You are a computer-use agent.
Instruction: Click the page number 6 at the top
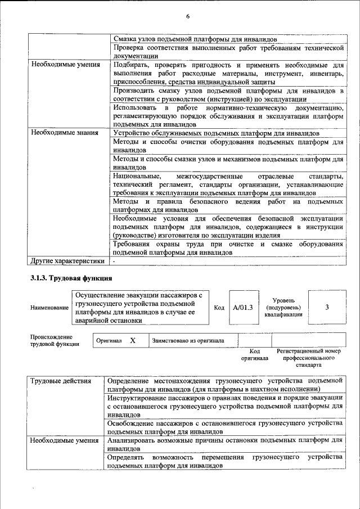click(188, 17)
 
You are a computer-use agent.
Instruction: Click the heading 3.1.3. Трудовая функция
click(71, 277)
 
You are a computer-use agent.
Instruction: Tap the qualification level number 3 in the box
click(327, 307)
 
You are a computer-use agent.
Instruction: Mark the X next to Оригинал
click(133, 340)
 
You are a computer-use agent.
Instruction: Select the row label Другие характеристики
click(67, 261)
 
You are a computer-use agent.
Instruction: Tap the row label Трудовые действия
click(61, 381)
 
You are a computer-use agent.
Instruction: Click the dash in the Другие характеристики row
click(114, 262)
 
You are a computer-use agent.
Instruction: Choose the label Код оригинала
click(254, 354)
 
